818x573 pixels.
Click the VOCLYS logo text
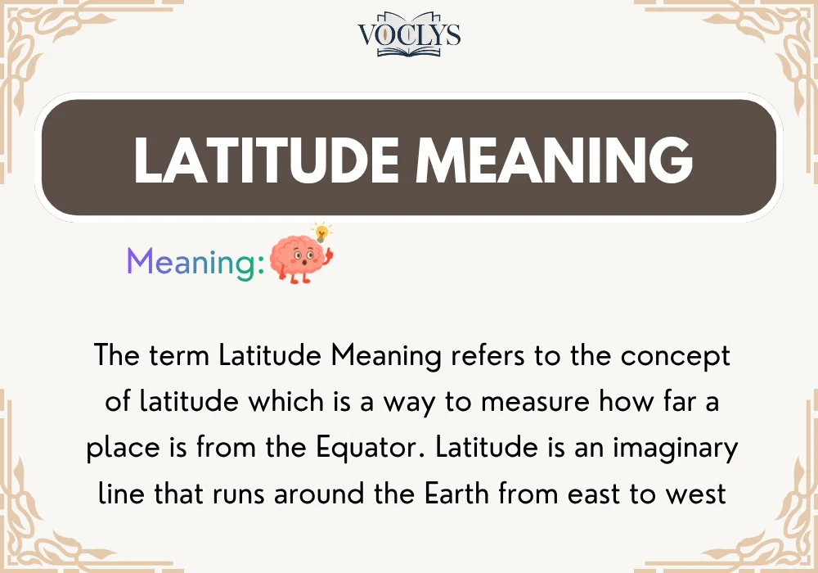pos(409,36)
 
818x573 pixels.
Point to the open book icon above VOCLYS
pos(409,18)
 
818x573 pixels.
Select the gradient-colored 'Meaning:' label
pos(196,262)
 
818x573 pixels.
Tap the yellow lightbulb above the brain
pos(323,231)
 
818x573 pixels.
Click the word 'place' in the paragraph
pos(122,449)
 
